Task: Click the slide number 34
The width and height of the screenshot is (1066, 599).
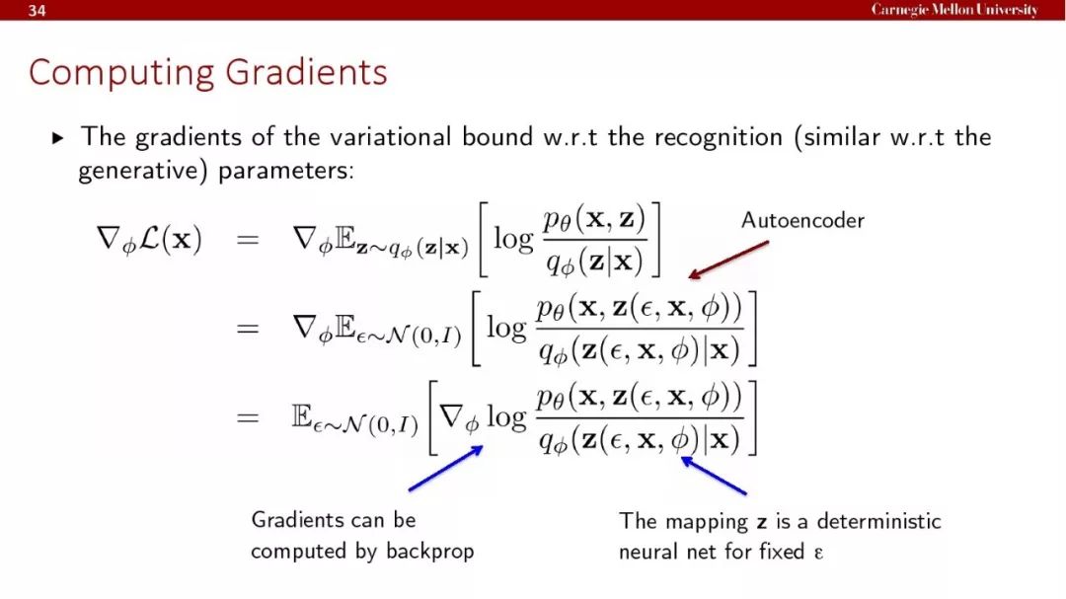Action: (37, 10)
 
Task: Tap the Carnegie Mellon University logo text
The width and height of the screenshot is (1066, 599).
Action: (954, 10)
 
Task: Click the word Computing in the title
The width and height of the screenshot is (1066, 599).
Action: (121, 73)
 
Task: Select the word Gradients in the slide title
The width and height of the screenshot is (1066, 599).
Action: (306, 71)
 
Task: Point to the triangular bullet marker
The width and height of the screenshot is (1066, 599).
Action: (58, 139)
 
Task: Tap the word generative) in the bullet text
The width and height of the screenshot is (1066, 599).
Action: (143, 171)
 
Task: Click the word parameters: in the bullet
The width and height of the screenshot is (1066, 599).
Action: (286, 171)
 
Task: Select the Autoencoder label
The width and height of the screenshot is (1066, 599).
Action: (802, 220)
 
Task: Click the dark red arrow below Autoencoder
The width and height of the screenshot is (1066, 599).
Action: (728, 260)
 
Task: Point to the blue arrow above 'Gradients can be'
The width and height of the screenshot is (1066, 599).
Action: (446, 468)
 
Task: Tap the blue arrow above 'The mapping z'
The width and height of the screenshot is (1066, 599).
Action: (714, 476)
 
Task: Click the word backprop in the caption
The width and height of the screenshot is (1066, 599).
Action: (429, 551)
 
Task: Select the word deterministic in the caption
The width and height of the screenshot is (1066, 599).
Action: (878, 521)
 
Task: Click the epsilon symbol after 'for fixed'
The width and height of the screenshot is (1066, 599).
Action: (818, 552)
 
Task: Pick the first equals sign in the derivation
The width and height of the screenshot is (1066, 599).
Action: (248, 240)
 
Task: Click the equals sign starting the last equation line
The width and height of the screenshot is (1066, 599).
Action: (248, 416)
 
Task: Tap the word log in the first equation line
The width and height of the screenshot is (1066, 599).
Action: (513, 240)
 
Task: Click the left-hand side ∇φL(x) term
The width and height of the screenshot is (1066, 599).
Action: (150, 240)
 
